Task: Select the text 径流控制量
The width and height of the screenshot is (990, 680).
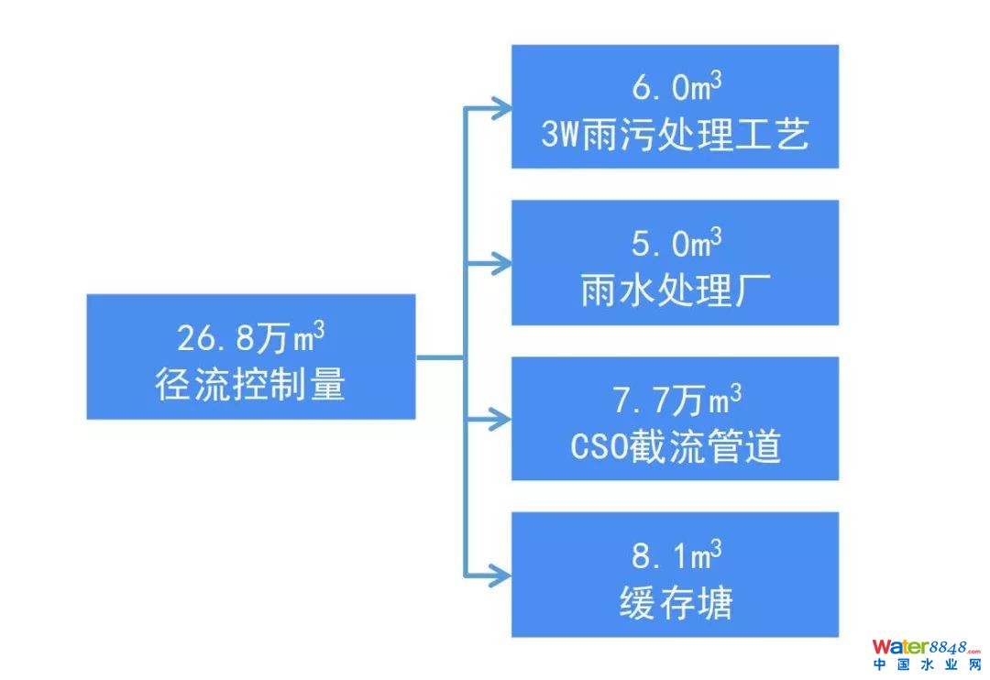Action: pyautogui.click(x=250, y=385)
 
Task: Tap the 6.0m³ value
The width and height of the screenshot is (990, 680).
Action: pyautogui.click(x=676, y=88)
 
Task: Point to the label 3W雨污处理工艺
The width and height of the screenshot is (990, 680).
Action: pyautogui.click(x=676, y=136)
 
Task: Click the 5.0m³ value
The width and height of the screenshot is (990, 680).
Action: pyautogui.click(x=676, y=244)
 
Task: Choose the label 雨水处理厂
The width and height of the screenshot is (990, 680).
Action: pyautogui.click(x=676, y=291)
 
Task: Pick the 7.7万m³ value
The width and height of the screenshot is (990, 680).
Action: pyautogui.click(x=676, y=400)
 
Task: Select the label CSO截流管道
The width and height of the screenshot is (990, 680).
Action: pyautogui.click(x=676, y=447)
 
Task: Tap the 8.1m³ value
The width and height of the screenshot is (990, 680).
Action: pyautogui.click(x=676, y=555)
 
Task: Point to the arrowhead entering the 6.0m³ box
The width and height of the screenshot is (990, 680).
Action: pyautogui.click(x=500, y=108)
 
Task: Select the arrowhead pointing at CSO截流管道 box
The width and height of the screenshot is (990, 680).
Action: pyautogui.click(x=500, y=420)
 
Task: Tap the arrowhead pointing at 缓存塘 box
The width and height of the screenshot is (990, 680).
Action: pyautogui.click(x=500, y=576)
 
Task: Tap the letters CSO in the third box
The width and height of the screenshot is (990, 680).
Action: pyautogui.click(x=599, y=448)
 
